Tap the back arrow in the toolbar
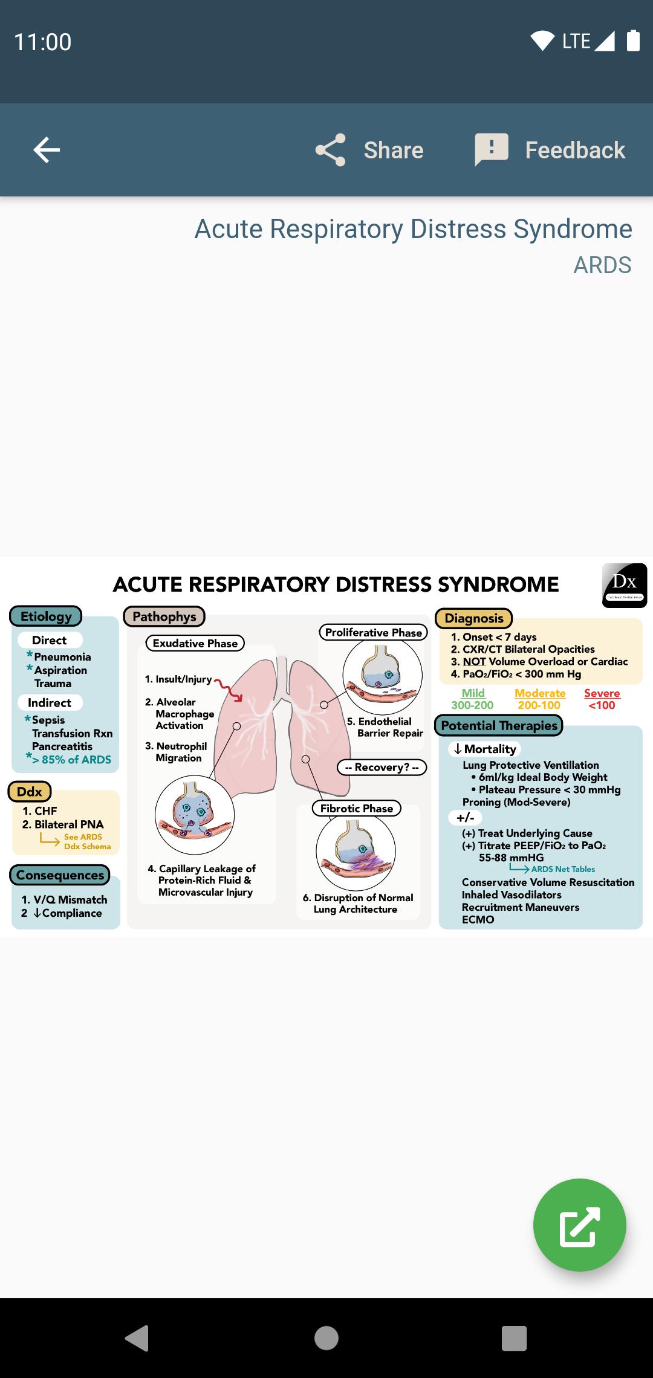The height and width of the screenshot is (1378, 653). [47, 150]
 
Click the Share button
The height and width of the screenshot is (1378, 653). [369, 150]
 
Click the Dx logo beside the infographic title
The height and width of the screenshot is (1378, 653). [625, 585]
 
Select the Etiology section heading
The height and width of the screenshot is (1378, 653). [46, 616]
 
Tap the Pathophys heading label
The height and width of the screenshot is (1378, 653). [164, 616]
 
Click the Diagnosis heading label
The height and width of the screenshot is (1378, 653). [474, 618]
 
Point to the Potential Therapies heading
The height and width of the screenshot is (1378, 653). [499, 725]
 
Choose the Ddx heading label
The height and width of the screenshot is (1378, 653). [30, 792]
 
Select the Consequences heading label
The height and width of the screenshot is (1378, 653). [60, 875]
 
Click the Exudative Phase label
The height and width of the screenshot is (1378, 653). [195, 643]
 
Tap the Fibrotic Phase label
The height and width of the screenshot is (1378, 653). [357, 808]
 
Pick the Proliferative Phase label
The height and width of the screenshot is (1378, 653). [374, 632]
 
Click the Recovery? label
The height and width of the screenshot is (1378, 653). [382, 767]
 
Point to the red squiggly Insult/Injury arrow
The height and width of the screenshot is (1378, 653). [229, 690]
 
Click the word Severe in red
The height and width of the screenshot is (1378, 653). [602, 693]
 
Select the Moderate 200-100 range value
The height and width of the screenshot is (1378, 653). [539, 705]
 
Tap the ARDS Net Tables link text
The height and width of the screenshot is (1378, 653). [563, 869]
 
